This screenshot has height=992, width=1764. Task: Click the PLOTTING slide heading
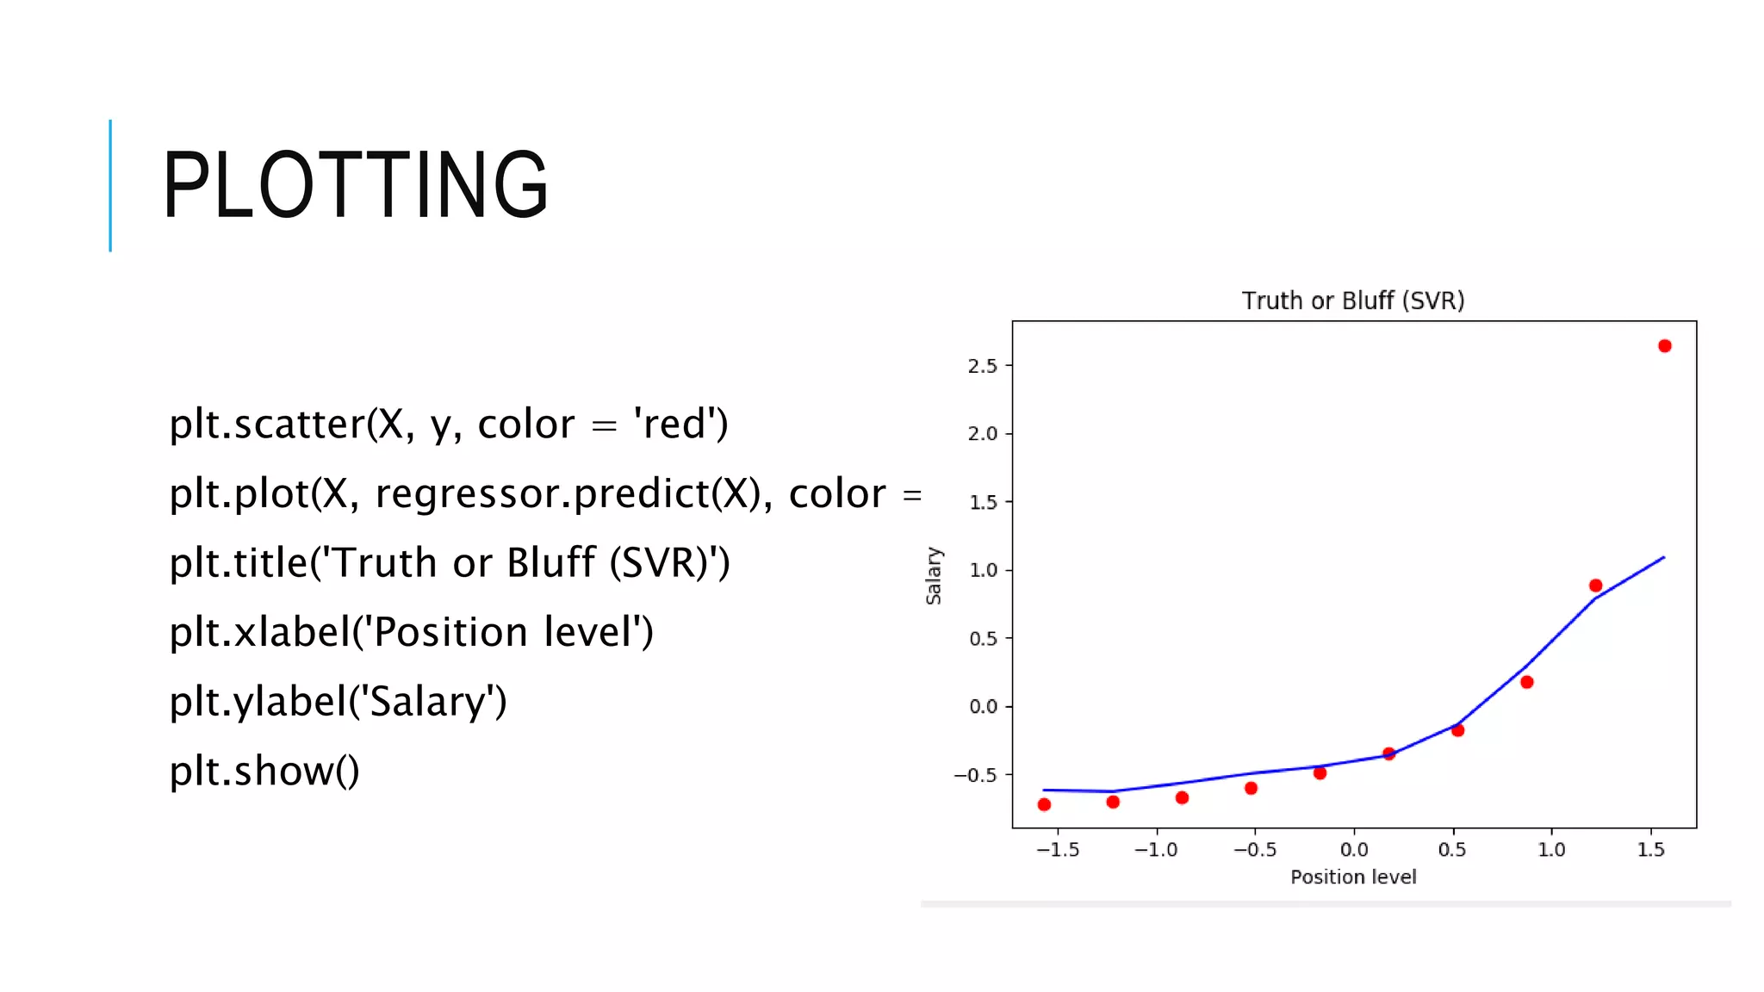(355, 184)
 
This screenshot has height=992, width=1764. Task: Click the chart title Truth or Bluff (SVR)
(1352, 301)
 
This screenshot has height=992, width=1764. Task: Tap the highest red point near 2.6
(1664, 346)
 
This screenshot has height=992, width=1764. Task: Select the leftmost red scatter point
(1044, 804)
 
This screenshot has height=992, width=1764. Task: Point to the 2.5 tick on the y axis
(983, 366)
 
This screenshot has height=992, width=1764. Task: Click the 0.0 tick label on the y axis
(983, 706)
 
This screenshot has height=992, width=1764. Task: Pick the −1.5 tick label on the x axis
(1058, 850)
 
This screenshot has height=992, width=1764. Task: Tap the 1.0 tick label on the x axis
(1551, 850)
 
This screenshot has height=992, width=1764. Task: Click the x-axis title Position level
(1352, 877)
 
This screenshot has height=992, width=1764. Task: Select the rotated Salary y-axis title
(934, 575)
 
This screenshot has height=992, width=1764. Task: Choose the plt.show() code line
(264, 771)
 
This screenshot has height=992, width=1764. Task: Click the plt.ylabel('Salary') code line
(338, 701)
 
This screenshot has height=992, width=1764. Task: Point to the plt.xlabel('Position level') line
(411, 632)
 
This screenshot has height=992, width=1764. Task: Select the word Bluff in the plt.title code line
(550, 562)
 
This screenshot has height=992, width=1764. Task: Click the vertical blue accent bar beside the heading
(110, 185)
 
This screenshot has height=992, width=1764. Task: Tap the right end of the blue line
(1663, 558)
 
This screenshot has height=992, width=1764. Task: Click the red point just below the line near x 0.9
(1526, 682)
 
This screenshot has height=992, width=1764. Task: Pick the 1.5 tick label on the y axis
(983, 502)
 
